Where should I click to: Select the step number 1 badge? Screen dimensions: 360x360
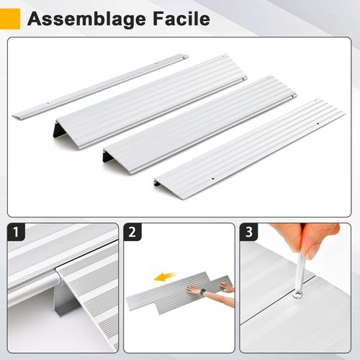(x=16, y=233)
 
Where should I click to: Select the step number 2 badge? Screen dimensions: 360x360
(x=132, y=233)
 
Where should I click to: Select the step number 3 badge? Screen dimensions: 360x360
(x=249, y=233)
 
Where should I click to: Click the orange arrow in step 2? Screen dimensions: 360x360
(x=166, y=276)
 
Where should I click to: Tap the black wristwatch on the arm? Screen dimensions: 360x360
(x=204, y=292)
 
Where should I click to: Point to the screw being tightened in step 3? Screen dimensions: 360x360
(x=297, y=294)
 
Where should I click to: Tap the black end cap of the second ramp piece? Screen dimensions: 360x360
(x=107, y=156)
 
